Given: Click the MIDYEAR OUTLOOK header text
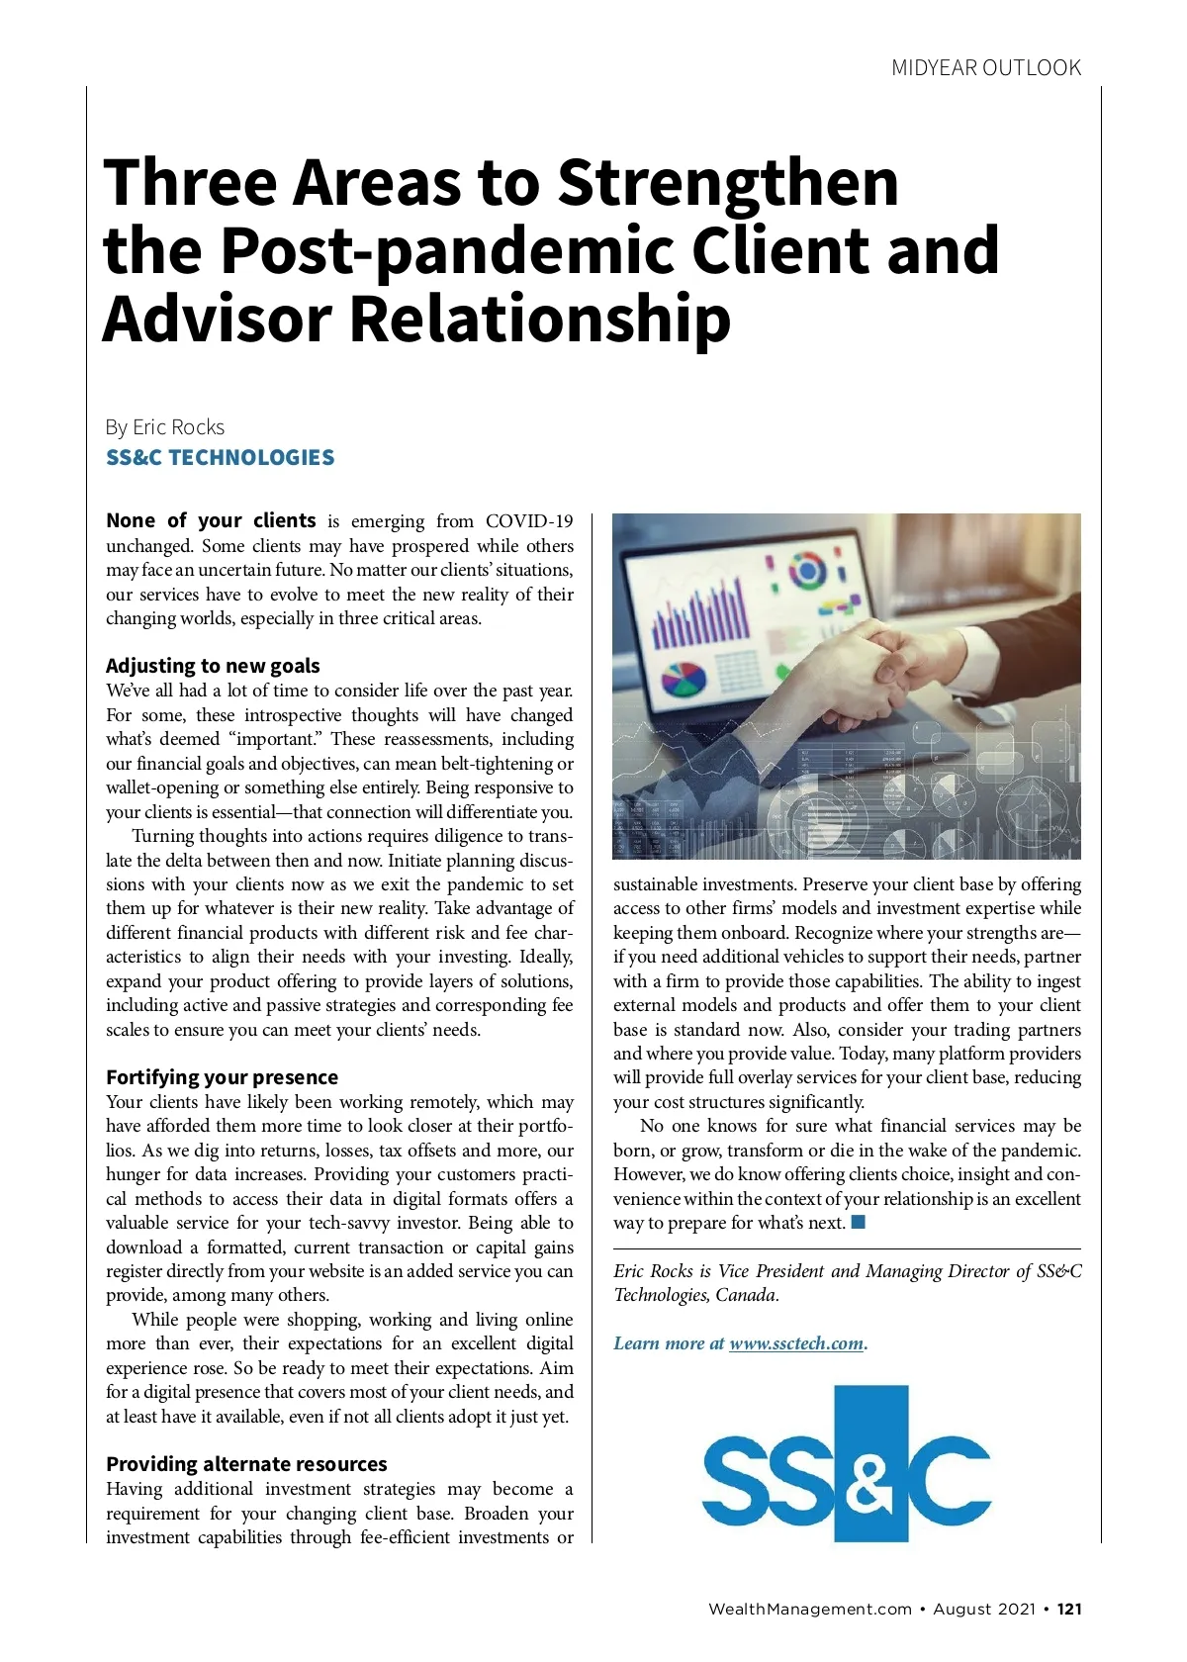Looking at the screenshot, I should tap(986, 68).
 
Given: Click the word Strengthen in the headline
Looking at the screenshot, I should tap(728, 183).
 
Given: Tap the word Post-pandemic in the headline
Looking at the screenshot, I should tap(448, 251).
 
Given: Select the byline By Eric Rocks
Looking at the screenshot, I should tap(165, 427).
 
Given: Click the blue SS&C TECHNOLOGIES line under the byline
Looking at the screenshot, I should tap(220, 458).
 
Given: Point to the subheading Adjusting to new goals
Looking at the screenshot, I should tap(213, 666).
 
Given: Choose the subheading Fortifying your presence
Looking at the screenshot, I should tap(222, 1077).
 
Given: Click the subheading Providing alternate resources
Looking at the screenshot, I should tap(246, 1464).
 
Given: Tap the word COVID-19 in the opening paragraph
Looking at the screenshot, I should tap(529, 521).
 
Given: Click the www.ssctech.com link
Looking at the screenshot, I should tap(796, 1343).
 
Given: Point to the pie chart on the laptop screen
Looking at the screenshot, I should tap(684, 678).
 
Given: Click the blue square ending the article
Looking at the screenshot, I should tap(858, 1222).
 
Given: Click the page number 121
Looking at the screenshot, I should tap(1069, 1609).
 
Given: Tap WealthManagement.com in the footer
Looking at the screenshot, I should tap(809, 1609).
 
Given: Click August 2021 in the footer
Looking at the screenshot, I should tap(983, 1609).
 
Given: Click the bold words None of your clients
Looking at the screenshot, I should tap(211, 521).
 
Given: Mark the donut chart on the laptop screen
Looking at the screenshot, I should tap(806, 571).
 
